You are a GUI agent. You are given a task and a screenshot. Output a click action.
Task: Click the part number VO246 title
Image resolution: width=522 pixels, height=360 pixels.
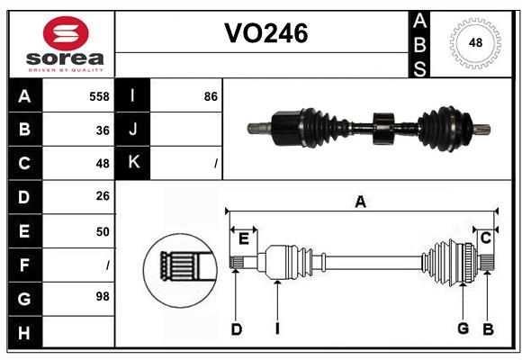[x=265, y=33]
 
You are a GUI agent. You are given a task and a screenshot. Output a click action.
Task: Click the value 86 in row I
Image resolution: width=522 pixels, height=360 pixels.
[x=211, y=96]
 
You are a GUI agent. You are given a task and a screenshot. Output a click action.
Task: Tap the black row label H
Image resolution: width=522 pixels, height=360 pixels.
[x=24, y=332]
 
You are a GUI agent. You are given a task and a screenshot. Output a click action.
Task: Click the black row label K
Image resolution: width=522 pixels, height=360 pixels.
[x=133, y=164]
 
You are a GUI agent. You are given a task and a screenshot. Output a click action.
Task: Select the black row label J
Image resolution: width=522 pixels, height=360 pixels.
[x=133, y=130]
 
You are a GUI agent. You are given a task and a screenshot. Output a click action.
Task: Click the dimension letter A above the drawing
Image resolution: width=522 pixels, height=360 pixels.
[x=360, y=202]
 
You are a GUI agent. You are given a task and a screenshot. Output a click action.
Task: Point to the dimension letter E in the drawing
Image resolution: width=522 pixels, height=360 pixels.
[x=244, y=238]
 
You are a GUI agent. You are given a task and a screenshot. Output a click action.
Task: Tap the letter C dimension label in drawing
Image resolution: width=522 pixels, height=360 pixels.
[x=485, y=238]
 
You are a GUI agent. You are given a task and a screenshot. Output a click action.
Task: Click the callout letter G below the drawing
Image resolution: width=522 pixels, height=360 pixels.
[x=463, y=328]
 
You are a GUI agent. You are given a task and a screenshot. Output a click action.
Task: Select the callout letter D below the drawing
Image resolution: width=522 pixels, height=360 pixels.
[x=236, y=328]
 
